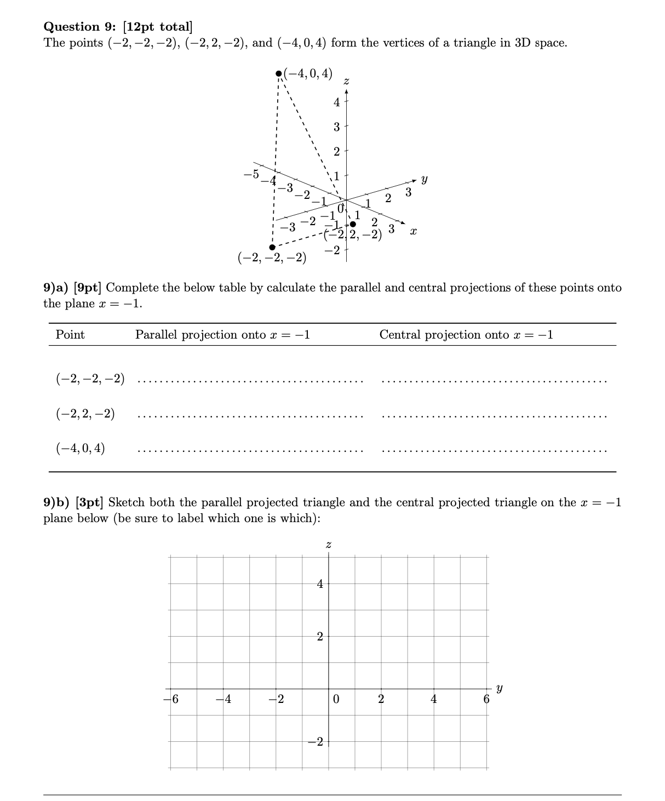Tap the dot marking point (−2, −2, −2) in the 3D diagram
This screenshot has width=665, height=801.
(x=272, y=247)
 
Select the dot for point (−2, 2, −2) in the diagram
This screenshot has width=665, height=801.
(x=353, y=224)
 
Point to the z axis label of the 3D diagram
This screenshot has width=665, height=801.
(x=346, y=82)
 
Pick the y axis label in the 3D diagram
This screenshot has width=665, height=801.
(x=424, y=179)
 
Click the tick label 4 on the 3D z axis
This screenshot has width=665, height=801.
(x=336, y=102)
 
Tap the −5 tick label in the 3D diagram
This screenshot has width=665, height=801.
(x=251, y=174)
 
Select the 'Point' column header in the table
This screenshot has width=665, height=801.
(x=70, y=335)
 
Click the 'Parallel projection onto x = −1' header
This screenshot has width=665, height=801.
(x=222, y=335)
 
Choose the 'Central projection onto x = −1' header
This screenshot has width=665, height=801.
(x=466, y=335)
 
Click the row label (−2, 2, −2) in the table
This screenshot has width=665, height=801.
(x=85, y=414)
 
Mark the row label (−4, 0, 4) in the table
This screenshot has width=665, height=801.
(x=81, y=448)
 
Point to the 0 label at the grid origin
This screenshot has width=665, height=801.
(x=336, y=700)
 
